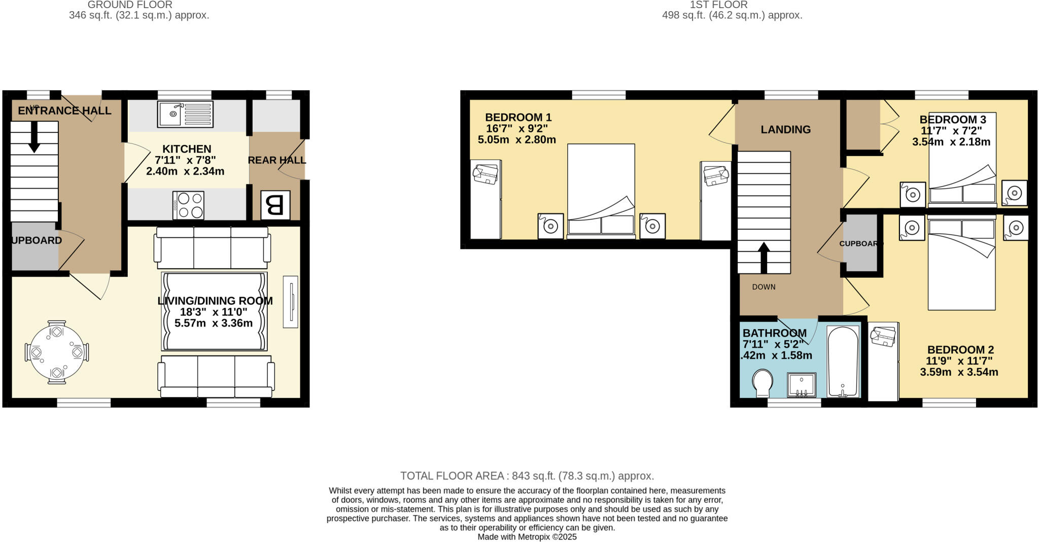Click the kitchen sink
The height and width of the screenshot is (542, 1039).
click(185, 114)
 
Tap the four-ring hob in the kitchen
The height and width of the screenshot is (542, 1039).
click(188, 205)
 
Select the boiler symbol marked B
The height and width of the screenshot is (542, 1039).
click(275, 205)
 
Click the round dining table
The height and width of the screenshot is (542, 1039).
click(57, 352)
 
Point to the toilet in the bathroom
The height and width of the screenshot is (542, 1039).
click(762, 383)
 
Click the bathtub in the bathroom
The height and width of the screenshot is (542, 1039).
click(843, 361)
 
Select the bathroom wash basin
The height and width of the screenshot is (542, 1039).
click(802, 385)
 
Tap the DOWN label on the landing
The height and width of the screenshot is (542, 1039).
click(764, 287)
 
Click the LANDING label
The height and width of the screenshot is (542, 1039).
click(785, 130)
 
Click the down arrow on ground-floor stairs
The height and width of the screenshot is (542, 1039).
click(34, 138)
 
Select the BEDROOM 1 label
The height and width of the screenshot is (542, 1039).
click(518, 118)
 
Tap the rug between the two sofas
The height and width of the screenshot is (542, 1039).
click(214, 311)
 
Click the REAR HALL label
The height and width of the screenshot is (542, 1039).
click(276, 160)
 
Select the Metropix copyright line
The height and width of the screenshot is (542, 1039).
click(527, 537)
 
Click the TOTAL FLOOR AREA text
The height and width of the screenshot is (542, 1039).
click(527, 476)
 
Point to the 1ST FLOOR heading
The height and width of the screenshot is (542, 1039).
click(718, 5)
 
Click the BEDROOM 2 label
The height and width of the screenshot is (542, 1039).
click(960, 350)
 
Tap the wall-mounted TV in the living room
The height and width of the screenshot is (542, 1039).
click(290, 302)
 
